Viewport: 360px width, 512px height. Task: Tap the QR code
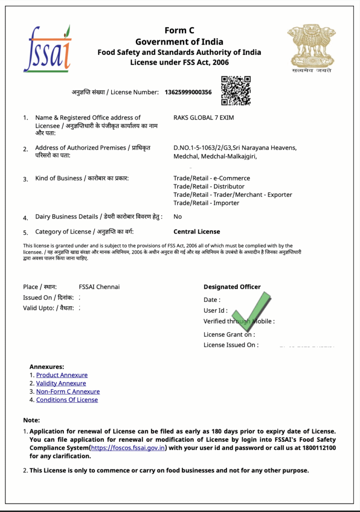point(236,90)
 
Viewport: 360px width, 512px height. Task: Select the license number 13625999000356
point(188,92)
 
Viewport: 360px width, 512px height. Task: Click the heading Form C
point(179,31)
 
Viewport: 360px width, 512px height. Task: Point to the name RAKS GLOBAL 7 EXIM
point(203,118)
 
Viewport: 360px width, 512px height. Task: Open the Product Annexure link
point(62,375)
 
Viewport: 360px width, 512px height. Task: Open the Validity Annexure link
point(61,384)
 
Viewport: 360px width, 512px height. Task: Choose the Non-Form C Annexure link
point(68,392)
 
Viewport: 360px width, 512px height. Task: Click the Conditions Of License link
point(67,400)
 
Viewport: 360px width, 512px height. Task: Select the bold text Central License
point(196,232)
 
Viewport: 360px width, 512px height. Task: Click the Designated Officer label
point(232,287)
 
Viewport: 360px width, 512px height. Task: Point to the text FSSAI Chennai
point(99,287)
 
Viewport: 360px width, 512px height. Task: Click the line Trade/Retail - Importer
point(206,203)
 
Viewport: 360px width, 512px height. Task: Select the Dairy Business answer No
point(178,217)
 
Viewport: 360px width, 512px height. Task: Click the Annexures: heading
point(47,367)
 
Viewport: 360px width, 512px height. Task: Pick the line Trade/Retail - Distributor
point(209,187)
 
